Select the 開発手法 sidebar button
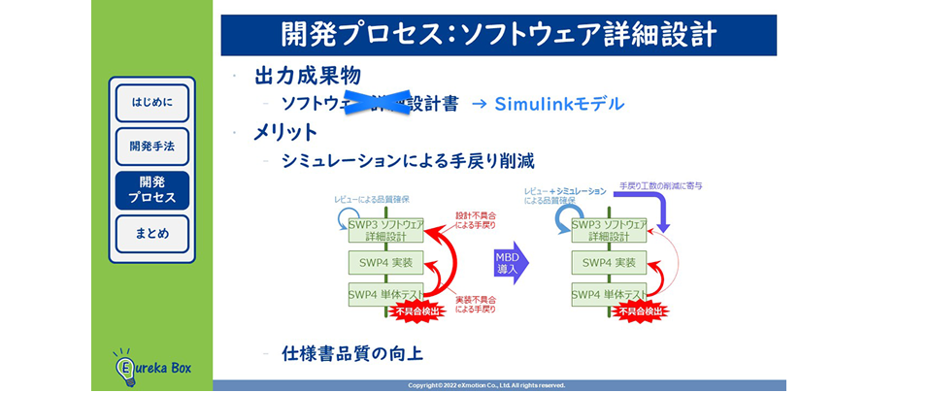click(152, 147)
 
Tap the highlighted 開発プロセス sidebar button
click(152, 189)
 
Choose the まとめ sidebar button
click(152, 234)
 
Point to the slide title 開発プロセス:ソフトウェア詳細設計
click(499, 35)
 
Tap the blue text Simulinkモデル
click(559, 104)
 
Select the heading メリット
click(285, 132)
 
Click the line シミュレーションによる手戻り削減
click(408, 160)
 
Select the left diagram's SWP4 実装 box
click(386, 262)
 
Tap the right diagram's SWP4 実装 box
click(609, 262)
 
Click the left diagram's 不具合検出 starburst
click(420, 311)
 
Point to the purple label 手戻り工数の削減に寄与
click(661, 184)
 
